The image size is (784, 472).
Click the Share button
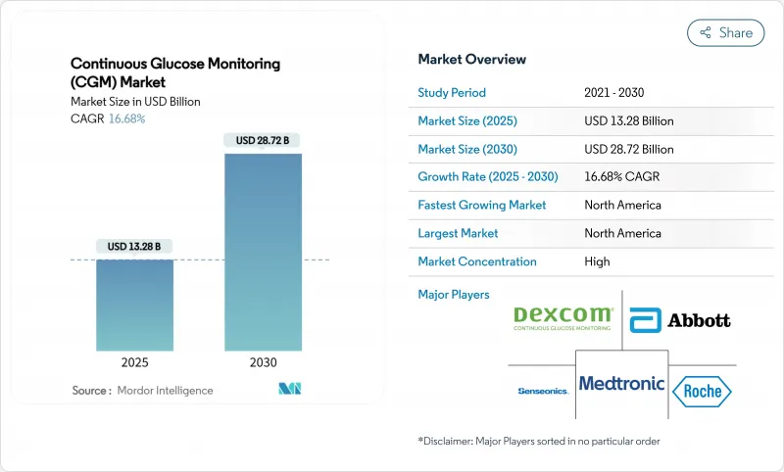725,32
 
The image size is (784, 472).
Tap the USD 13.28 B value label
135,246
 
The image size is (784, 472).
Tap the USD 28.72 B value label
263,140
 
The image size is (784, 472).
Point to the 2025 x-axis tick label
135,361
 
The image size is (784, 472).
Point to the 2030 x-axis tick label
263,361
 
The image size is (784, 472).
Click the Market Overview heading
471,59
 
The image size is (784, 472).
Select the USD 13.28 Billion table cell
628,121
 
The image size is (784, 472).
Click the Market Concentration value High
596,261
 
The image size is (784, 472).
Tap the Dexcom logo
563,318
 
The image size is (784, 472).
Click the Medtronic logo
621,384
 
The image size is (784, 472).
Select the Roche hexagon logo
702,391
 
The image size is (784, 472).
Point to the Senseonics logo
542,391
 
